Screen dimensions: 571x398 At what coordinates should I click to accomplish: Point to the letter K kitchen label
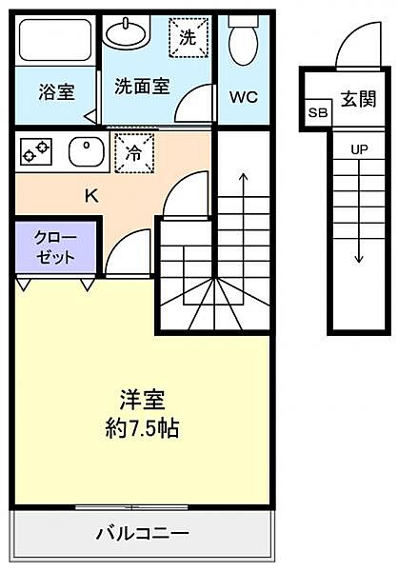click(x=91, y=197)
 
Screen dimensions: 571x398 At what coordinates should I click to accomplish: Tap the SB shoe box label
click(x=314, y=113)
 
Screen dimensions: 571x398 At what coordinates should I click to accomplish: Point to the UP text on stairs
click(x=359, y=150)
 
